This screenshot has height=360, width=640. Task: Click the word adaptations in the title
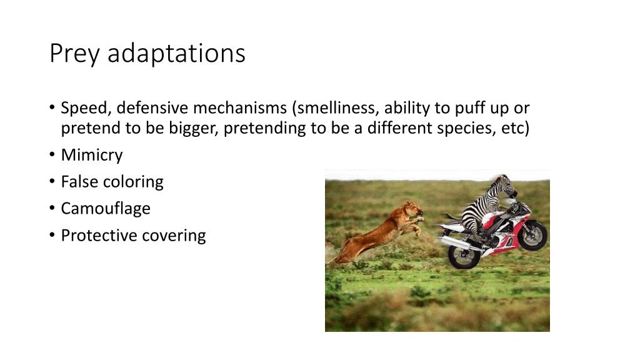(x=176, y=54)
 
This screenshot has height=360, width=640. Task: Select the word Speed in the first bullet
(x=86, y=108)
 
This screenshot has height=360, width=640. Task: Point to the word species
(x=466, y=129)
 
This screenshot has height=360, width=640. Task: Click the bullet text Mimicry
(x=91, y=154)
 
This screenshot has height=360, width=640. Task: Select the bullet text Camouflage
(x=105, y=208)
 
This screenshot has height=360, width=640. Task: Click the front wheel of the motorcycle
(x=532, y=235)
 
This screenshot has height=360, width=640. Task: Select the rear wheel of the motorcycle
(x=464, y=252)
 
